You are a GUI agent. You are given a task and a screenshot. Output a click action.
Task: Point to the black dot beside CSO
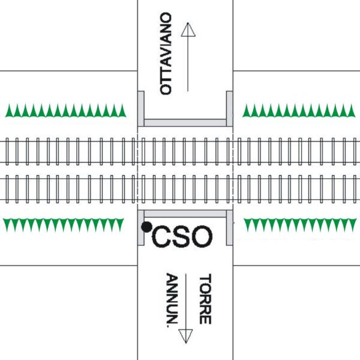pos(146,226)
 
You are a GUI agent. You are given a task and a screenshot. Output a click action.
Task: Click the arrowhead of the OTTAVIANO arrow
pos(189,29)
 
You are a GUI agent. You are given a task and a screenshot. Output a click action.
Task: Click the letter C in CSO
pos(163,236)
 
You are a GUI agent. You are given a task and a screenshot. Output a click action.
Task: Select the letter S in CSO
pos(182,236)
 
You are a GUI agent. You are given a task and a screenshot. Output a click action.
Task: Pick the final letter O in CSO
pos(202,236)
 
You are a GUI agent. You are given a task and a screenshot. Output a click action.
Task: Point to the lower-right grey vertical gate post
pos(229,228)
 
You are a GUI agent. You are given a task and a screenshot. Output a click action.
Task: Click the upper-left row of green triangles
pos(66,110)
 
